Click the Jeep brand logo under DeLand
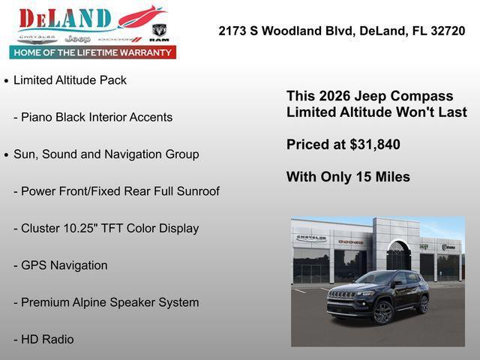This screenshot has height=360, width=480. coord(77,38)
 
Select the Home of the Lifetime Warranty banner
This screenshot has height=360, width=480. coord(93,52)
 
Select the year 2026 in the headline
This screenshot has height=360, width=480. coord(334,96)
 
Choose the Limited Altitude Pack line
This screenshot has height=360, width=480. coord(70,80)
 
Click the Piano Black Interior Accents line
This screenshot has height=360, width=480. coord(93,117)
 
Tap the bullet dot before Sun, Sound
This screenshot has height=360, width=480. coord(7,155)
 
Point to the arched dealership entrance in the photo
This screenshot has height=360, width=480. coord(398,257)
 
